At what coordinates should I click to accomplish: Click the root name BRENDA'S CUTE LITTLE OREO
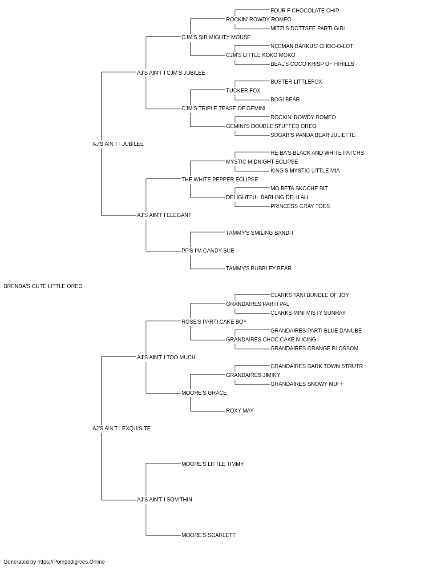tap(43, 286)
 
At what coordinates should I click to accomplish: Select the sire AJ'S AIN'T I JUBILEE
tap(118, 144)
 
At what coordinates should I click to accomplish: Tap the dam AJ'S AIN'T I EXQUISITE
tap(121, 429)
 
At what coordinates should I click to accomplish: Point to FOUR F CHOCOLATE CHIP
tap(304, 11)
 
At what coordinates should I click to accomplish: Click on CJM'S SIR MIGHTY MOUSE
tap(216, 37)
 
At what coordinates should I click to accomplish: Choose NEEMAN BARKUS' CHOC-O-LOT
tap(311, 46)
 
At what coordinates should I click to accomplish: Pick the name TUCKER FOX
tap(243, 91)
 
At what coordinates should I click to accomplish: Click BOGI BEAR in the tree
tap(285, 100)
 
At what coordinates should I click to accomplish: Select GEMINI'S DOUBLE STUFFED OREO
tap(271, 126)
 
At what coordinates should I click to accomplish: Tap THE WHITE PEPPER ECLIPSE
tap(220, 180)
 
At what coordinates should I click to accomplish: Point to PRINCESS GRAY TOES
tap(300, 206)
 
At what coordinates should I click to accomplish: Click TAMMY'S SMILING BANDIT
tap(260, 233)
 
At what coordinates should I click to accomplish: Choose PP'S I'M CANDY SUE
tap(208, 251)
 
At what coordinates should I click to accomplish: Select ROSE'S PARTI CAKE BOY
tap(214, 322)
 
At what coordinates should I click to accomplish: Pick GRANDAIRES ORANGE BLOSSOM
tap(314, 349)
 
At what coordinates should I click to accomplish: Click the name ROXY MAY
tap(240, 411)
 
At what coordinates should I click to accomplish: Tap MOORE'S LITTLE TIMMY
tap(213, 464)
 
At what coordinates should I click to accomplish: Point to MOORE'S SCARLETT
tap(208, 535)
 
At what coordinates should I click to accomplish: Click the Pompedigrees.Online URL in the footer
tap(71, 562)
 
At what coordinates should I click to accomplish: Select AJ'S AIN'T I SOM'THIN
tap(164, 500)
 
